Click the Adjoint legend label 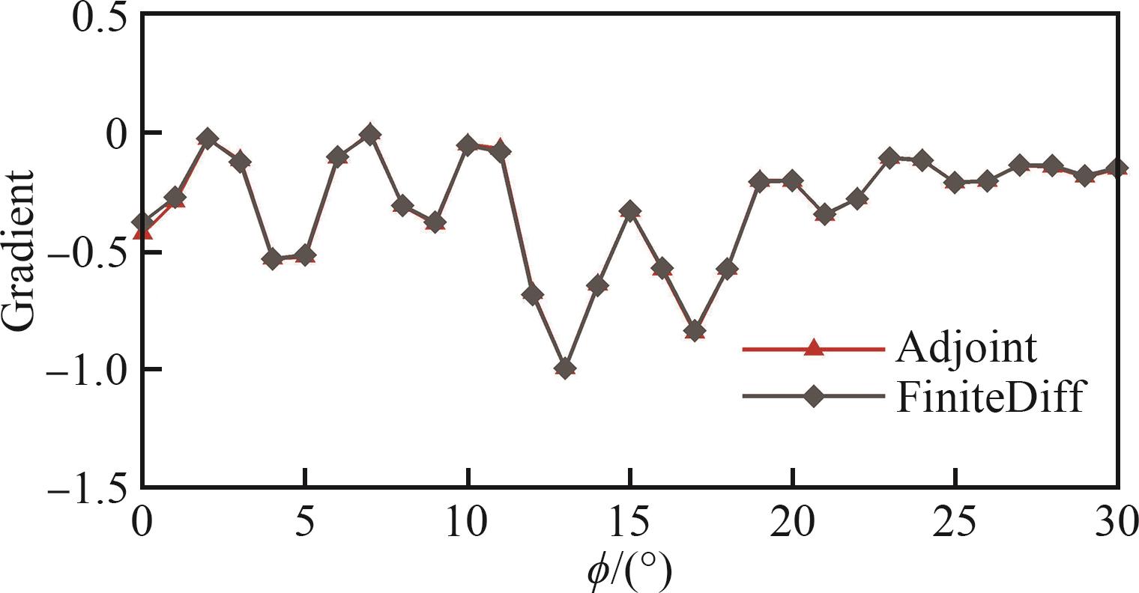967,348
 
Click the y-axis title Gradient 18,250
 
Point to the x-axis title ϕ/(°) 629,573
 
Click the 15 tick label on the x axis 630,521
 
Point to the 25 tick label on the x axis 955,521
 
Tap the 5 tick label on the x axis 304,521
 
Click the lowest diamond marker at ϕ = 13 566,368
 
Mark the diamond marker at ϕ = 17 695,330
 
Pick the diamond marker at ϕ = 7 369,135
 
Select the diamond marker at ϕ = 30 1117,168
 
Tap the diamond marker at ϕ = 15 631,211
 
